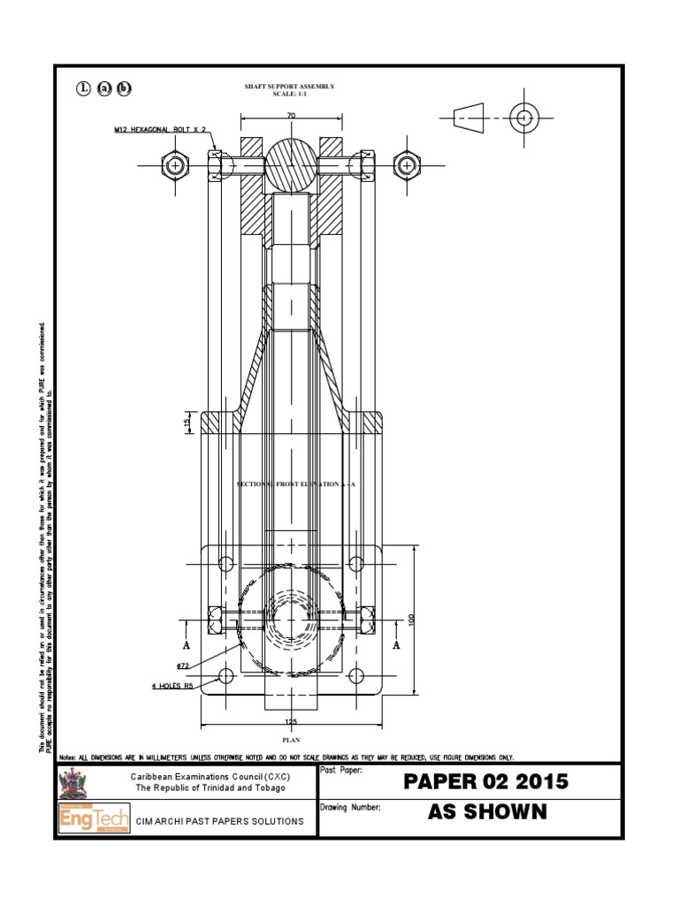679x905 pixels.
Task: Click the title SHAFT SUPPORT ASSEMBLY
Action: point(290,87)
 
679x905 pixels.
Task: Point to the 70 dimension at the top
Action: point(291,116)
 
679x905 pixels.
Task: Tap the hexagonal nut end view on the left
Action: point(175,164)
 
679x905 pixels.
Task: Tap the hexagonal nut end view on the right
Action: point(406,164)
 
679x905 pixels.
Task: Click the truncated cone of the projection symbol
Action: point(469,117)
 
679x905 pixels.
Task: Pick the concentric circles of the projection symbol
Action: point(523,117)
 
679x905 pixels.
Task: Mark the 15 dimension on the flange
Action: point(187,423)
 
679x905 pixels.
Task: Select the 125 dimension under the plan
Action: point(291,722)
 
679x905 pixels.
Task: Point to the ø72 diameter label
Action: point(184,664)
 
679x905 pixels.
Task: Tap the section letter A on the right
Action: point(395,644)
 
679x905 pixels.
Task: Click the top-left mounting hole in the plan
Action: point(225,564)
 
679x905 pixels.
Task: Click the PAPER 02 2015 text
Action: point(485,782)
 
